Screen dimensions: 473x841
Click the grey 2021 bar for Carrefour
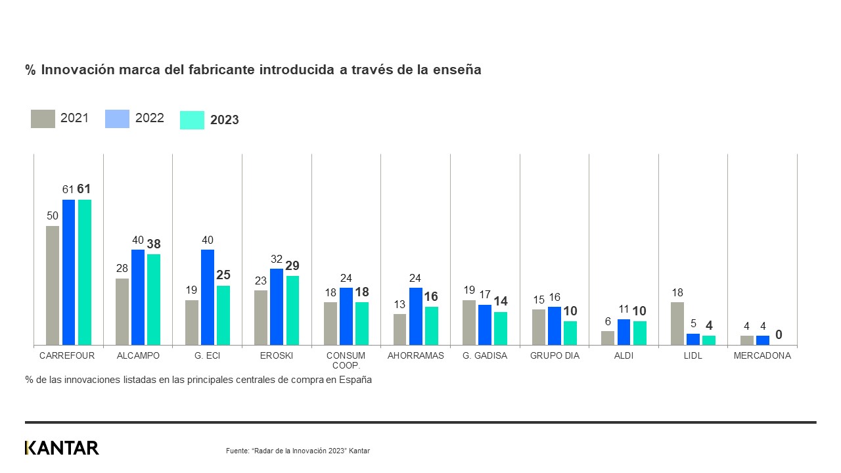pos(53,285)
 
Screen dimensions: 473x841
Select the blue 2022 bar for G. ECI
pos(208,297)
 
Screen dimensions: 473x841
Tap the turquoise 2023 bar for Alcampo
pos(154,299)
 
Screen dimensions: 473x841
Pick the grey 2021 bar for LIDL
pos(677,323)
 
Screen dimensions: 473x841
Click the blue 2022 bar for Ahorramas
pos(416,316)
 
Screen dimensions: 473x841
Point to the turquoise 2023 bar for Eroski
pos(292,310)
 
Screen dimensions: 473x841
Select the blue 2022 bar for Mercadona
pos(762,340)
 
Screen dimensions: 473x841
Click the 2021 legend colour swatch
pos(43,119)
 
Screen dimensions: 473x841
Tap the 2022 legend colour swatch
pos(117,119)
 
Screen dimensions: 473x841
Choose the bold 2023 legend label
pos(225,120)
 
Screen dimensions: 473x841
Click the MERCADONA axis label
pos(762,355)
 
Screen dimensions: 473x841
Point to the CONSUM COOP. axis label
pos(346,360)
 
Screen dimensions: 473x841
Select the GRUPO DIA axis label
pos(555,355)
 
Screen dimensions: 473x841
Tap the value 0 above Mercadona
pos(779,335)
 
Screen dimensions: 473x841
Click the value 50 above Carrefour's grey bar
pos(53,215)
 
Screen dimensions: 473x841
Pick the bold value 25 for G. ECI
pos(223,275)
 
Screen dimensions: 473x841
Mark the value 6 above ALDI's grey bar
pos(608,321)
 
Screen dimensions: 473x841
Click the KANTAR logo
pos(62,448)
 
